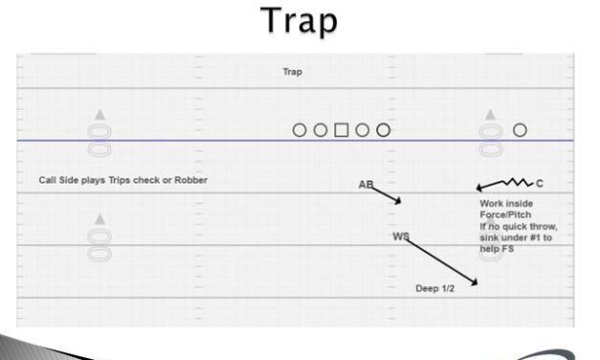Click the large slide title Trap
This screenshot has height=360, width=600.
(300, 21)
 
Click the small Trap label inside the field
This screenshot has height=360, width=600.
(292, 72)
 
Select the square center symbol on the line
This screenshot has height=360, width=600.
(341, 129)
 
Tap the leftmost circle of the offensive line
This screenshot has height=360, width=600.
(299, 129)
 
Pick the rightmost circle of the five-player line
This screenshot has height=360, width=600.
(383, 129)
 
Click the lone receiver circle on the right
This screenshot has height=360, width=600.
(520, 129)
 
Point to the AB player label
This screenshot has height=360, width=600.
(365, 184)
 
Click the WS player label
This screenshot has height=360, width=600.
(399, 236)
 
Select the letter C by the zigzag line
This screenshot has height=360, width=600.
(540, 183)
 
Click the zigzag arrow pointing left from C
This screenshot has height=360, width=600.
(504, 183)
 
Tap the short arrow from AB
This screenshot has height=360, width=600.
(386, 193)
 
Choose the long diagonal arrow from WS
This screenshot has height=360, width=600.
(441, 260)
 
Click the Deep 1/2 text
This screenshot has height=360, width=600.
(434, 288)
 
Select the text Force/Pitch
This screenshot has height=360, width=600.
(503, 215)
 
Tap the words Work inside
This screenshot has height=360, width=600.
(506, 204)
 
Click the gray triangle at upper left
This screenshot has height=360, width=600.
(100, 116)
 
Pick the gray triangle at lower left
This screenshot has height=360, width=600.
(100, 220)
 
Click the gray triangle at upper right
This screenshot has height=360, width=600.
(491, 115)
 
